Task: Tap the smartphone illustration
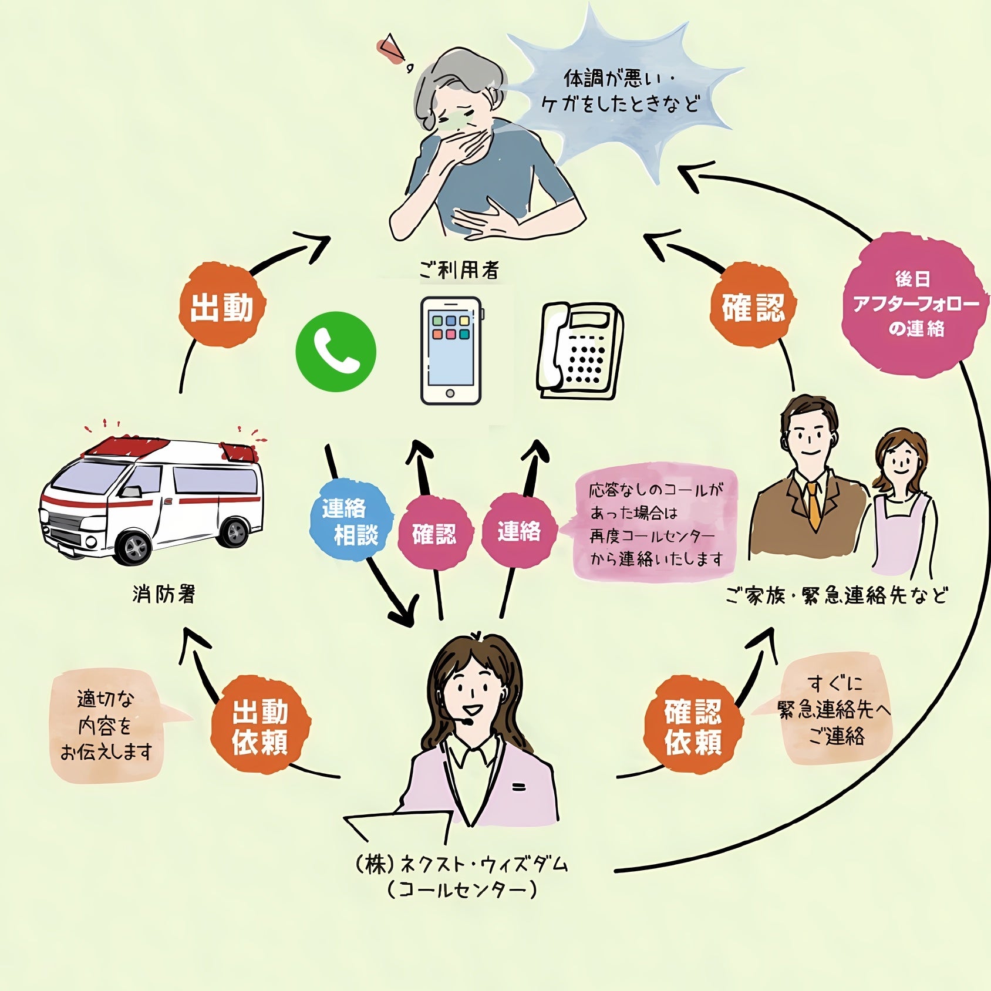[450, 351]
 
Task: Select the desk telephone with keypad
[578, 351]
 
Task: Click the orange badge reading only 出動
[222, 306]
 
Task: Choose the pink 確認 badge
[434, 533]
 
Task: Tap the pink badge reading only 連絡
[519, 531]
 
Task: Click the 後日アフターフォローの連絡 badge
[915, 304]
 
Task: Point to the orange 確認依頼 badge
[693, 727]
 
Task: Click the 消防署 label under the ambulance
[164, 594]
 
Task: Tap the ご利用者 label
[459, 270]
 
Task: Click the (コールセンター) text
[462, 890]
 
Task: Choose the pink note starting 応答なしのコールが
[655, 523]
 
